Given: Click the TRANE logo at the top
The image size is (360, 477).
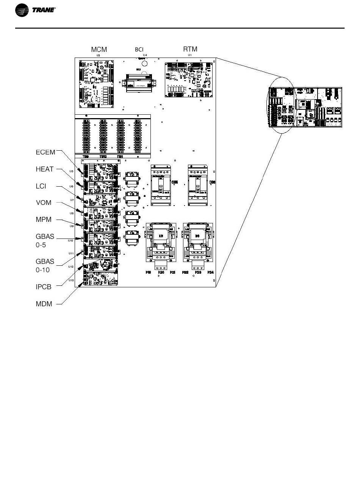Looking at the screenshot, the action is click(36, 11).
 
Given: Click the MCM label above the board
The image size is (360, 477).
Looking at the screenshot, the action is click(99, 50).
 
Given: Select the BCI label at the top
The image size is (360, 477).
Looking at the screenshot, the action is click(139, 50).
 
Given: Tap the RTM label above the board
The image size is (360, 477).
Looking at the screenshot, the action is click(190, 49).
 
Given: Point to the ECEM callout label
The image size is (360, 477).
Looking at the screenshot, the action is click(45, 152).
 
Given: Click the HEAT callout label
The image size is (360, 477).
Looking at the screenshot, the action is click(45, 169).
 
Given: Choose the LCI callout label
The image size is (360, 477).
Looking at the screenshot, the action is click(41, 186).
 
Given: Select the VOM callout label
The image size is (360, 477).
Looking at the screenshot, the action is click(43, 203).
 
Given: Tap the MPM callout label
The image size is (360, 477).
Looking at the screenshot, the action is click(43, 220).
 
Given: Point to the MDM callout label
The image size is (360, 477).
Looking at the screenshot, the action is click(44, 304).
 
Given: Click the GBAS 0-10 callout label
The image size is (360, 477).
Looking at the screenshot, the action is click(45, 265).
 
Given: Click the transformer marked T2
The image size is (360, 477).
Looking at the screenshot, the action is click(132, 178).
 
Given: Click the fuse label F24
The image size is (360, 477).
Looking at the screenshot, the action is click(210, 273).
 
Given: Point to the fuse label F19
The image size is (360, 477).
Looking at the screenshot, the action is click(149, 273).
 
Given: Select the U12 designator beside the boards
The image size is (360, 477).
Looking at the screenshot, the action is click(71, 267).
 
